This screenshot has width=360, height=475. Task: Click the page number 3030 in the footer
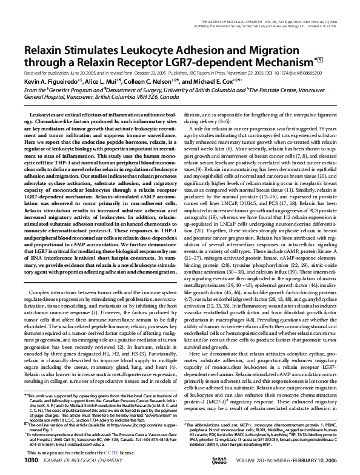click(x=32, y=462)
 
